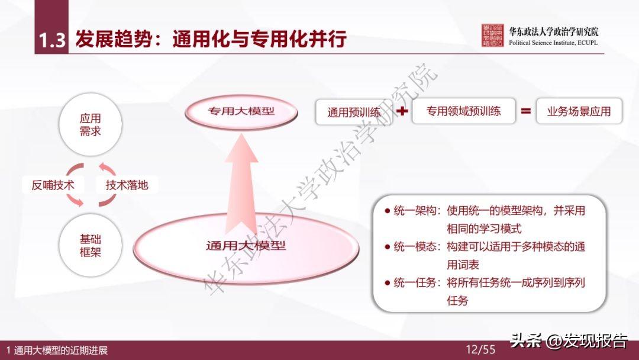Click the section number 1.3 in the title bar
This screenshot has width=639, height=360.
coord(51,40)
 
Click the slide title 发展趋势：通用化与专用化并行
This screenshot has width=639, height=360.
coord(210,40)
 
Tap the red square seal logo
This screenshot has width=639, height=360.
coord(492,36)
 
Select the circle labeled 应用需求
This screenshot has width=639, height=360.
coord(91,125)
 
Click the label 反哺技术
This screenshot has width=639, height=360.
coord(53,185)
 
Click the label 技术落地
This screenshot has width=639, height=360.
coord(127,185)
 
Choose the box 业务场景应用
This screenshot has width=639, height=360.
coord(579,111)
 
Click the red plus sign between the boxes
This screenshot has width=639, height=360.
coord(402,111)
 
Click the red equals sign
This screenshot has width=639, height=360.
coord(525,111)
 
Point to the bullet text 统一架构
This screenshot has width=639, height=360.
coord(414,210)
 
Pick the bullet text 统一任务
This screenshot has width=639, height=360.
coord(414,282)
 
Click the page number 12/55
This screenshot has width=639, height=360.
coord(480,349)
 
